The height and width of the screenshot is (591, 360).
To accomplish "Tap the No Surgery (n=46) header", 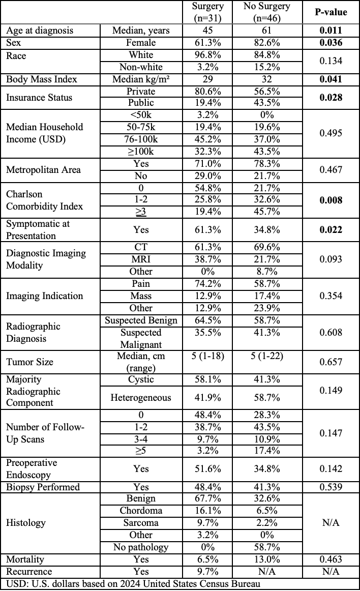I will [267, 12].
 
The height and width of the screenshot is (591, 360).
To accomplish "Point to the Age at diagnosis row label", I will [40, 31].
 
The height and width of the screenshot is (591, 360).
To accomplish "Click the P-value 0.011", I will [330, 31].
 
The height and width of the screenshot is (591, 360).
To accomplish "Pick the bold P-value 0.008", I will [330, 200].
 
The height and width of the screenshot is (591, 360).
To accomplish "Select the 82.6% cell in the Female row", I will [267, 43].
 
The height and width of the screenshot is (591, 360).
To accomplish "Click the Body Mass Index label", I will [42, 79].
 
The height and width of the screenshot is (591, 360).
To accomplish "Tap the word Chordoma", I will [141, 510].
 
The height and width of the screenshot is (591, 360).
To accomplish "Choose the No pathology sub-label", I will [141, 547].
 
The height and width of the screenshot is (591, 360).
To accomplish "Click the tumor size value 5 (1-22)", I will [267, 357].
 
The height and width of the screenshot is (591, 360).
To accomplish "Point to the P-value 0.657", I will [330, 363].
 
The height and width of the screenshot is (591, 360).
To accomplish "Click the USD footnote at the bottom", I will [133, 583].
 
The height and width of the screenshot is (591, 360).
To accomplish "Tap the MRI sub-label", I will [141, 259].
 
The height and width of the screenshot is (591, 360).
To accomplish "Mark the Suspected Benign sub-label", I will [141, 320].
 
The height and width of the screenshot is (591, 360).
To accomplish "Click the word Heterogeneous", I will [141, 398].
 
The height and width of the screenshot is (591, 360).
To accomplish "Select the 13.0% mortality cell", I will [267, 559].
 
